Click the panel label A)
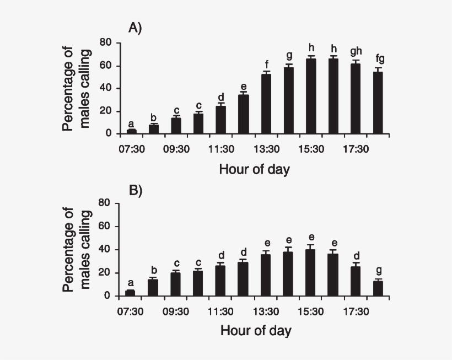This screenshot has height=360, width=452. pyautogui.click(x=135, y=28)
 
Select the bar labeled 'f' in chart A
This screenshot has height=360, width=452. pyautogui.click(x=266, y=104)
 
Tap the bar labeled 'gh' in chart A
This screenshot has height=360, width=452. pyautogui.click(x=356, y=99)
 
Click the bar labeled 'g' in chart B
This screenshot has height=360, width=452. pyautogui.click(x=378, y=289)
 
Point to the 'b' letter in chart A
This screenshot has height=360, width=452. pyautogui.click(x=154, y=117)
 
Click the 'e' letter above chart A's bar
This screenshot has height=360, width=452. pyautogui.click(x=243, y=87)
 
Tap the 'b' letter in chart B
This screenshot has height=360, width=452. pyautogui.click(x=154, y=270)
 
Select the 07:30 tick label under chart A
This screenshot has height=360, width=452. pyautogui.click(x=131, y=148)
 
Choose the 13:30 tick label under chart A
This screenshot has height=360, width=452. pyautogui.click(x=266, y=148)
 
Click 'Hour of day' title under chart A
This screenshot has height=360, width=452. pyautogui.click(x=254, y=169)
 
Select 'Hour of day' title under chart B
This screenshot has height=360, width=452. pyautogui.click(x=256, y=331)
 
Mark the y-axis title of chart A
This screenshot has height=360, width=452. pyautogui.click(x=76, y=88)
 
